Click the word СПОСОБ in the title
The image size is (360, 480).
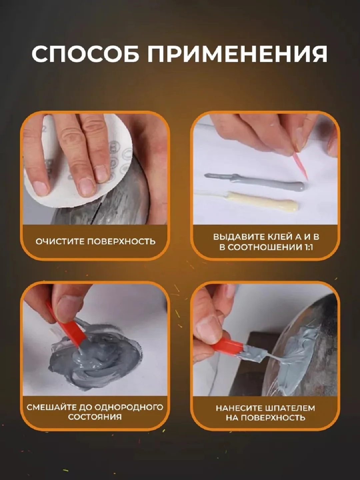tap(85, 54)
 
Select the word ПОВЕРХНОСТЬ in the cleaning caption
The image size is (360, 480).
tap(121, 242)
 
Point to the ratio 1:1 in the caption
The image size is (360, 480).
tap(308, 247)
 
